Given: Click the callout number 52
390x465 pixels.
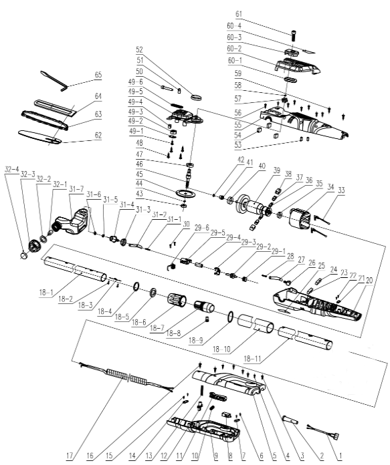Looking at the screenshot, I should pos(140,49).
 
